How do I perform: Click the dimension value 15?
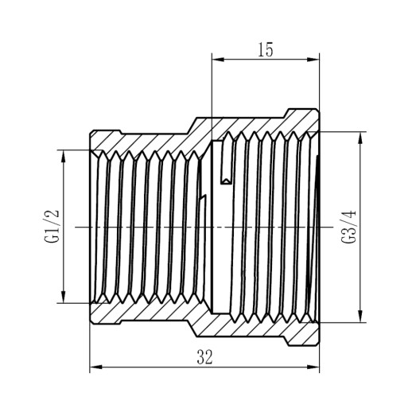[x=265, y=49]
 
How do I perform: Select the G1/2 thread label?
[x=52, y=227]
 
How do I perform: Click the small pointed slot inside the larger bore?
[x=227, y=168]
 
